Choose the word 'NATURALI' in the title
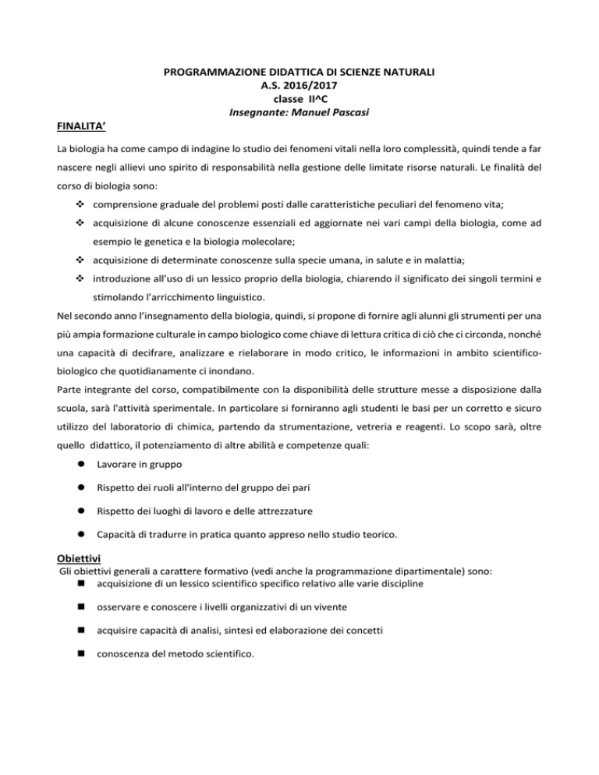[x=406, y=73]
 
